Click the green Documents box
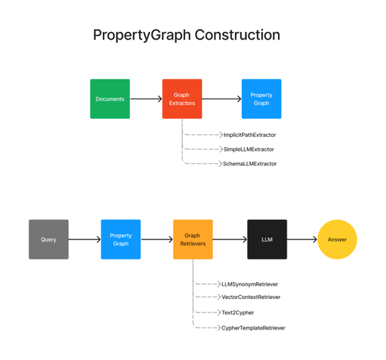point(110,99)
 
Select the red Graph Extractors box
point(182,99)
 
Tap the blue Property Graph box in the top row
point(261,99)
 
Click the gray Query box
point(48,240)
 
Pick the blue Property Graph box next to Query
point(121,240)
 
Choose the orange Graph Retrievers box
point(192,240)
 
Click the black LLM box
point(267,240)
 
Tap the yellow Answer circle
point(337,240)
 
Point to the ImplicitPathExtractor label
point(249,135)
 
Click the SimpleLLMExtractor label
point(248,150)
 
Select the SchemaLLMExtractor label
point(250,164)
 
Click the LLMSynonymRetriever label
point(250,284)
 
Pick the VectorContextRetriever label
point(250,297)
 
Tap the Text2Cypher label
point(237,313)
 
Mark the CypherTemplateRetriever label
point(253,328)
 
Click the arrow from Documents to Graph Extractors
point(146,99)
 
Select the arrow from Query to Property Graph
point(84,240)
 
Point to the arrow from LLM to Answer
point(302,240)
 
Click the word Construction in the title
point(237,35)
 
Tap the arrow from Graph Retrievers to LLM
point(230,240)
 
